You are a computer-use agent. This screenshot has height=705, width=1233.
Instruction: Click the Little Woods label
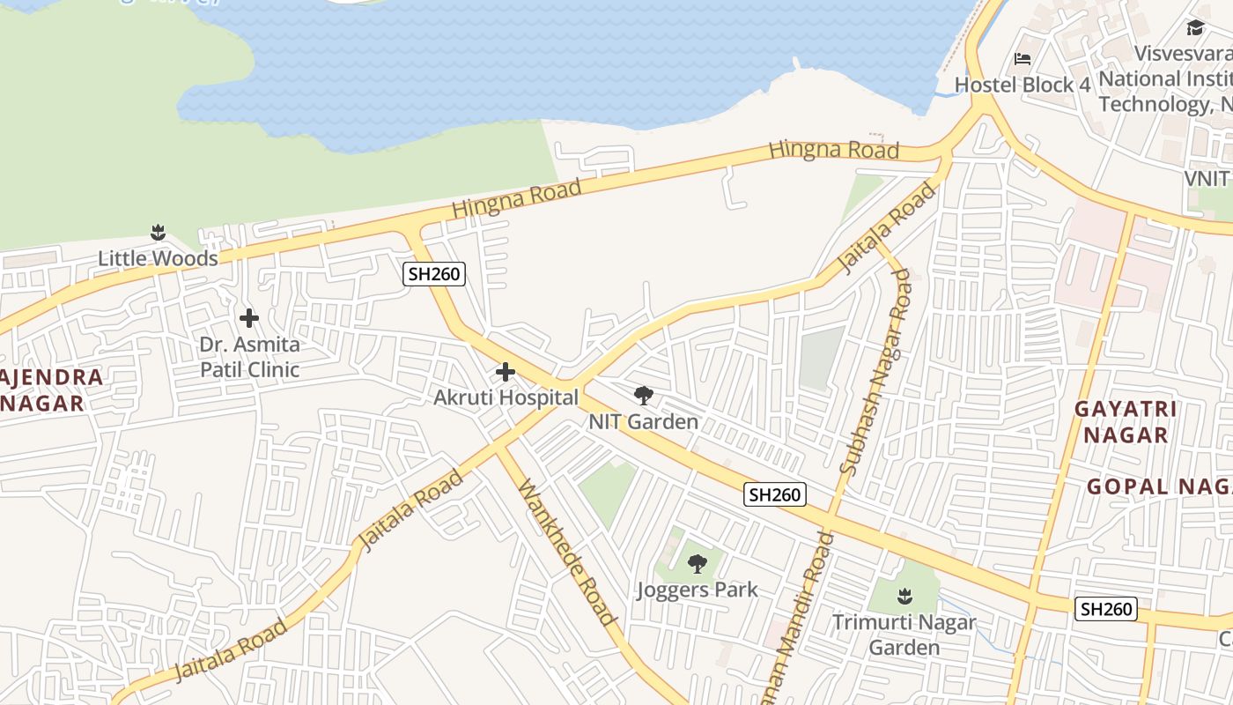(x=158, y=258)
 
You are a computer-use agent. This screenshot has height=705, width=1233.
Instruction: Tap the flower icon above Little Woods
(x=158, y=234)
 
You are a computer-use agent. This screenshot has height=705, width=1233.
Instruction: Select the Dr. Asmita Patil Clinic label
(x=249, y=357)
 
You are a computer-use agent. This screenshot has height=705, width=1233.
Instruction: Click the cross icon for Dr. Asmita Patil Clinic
(x=249, y=317)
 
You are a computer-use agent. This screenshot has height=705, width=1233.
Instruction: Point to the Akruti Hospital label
(x=506, y=397)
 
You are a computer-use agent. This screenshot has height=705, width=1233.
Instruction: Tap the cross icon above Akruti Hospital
(x=505, y=372)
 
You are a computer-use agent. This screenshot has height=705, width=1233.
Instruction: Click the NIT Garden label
(x=643, y=421)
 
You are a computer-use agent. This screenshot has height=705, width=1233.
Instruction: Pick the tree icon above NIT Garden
(x=644, y=396)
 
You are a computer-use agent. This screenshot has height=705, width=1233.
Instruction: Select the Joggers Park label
(x=697, y=590)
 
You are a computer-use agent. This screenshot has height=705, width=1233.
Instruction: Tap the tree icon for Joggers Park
(x=697, y=564)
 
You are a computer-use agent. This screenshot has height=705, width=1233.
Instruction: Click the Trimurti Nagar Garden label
(x=904, y=634)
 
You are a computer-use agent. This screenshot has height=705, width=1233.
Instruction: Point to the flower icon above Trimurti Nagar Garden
(x=904, y=597)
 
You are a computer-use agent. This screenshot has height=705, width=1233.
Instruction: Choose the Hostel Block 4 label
(x=1023, y=85)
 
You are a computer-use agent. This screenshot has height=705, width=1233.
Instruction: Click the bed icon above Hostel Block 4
(x=1023, y=59)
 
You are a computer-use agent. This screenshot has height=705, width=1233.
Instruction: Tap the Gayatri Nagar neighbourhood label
(x=1126, y=422)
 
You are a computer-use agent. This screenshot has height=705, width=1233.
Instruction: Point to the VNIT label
(x=1206, y=178)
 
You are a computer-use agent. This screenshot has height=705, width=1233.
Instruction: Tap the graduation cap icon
(x=1195, y=28)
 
